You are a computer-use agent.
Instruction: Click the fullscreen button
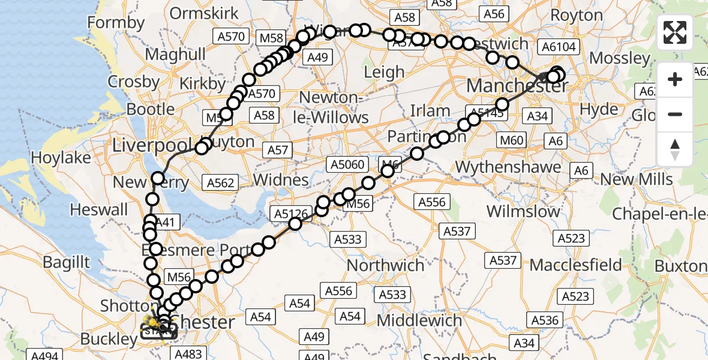tap(675, 32)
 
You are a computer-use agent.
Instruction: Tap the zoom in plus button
tap(675, 79)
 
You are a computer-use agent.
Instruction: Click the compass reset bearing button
tap(675, 149)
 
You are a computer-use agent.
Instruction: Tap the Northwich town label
tap(386, 265)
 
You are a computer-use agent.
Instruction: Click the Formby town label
tap(116, 23)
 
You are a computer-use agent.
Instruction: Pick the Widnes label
tap(281, 179)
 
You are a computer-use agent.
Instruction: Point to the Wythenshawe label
tap(508, 166)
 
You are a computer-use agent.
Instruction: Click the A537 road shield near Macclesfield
tap(503, 260)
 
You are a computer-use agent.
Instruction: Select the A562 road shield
tap(220, 183)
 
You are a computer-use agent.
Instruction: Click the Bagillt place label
tap(66, 262)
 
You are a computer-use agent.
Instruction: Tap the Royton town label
tap(576, 14)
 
